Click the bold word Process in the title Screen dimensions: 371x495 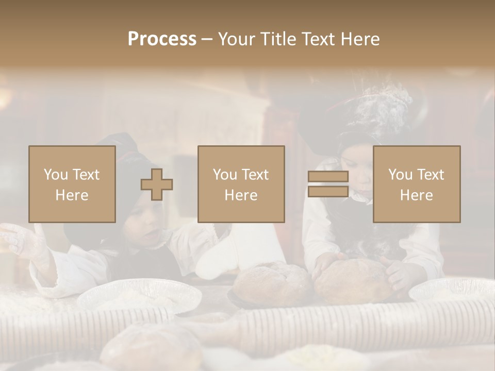tap(162, 39)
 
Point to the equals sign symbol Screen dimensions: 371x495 tap(328, 184)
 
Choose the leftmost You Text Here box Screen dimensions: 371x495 tap(72, 184)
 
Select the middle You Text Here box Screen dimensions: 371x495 tap(241, 184)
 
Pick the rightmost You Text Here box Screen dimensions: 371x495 tap(417, 184)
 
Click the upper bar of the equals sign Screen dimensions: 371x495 tap(328, 177)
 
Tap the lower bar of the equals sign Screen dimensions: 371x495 tap(328, 191)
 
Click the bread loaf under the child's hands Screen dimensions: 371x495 tap(354, 281)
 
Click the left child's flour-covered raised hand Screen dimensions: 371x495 tap(21, 240)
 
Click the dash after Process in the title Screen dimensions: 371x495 tap(207, 39)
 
